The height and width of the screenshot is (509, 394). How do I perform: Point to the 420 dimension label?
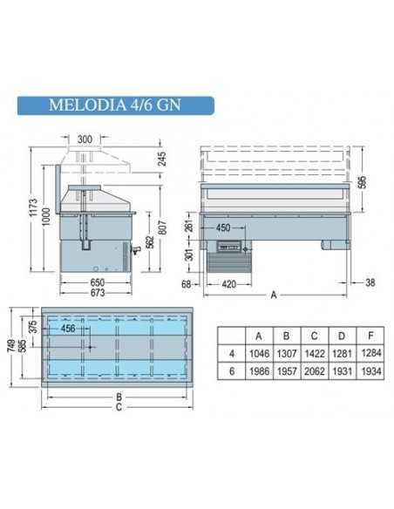[x=229, y=283]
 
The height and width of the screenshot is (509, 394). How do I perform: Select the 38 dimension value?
[x=370, y=283]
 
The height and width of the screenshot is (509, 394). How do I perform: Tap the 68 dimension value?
[x=186, y=283]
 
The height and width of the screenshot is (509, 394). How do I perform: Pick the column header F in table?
[x=368, y=334]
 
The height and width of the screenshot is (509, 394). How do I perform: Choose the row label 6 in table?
[x=230, y=372]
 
